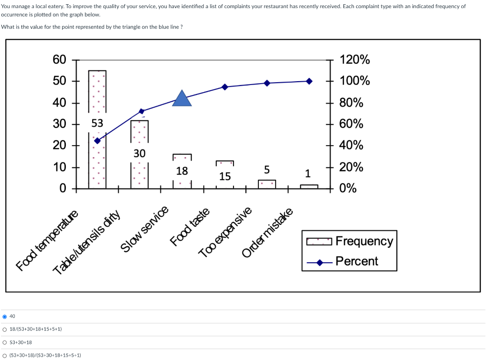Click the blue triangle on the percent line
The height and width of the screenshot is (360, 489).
coord(182,99)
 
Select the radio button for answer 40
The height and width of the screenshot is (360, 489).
coord(5,316)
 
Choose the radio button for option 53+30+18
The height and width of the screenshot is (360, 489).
coord(5,342)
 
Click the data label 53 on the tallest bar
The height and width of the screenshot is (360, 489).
coord(97,123)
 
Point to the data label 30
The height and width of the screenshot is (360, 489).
coord(139,153)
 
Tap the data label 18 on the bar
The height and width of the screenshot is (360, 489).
coord(182,170)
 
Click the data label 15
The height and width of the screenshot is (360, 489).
coord(225,176)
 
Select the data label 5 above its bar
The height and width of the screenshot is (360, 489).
coord(267,169)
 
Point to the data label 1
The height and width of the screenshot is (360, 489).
coord(308,173)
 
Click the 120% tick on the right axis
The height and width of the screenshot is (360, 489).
coord(354,60)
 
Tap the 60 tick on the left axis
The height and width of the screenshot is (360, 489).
coord(60,60)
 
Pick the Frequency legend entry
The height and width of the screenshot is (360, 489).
coord(364,241)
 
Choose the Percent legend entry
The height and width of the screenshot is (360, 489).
coord(356,261)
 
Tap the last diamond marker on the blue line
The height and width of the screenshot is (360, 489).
coord(309,81)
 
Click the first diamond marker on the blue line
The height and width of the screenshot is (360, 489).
coord(97,141)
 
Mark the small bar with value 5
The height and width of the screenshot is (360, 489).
coord(267,184)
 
